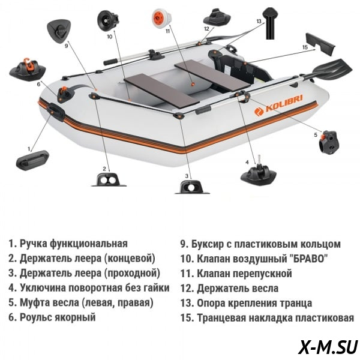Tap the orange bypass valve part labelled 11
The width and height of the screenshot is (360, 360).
(161, 19)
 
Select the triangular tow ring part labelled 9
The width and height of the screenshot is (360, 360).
(59, 30)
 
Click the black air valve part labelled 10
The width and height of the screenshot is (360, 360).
(107, 20)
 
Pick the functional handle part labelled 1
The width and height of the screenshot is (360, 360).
(32, 160)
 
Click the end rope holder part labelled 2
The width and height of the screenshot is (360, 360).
(109, 180)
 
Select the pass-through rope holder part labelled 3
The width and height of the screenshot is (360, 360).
(192, 187)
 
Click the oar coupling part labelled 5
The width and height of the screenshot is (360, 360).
(329, 142)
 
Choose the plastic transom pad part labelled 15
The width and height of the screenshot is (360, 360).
(320, 44)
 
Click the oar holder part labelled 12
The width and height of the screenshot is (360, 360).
(217, 17)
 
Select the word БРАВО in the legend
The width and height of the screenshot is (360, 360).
(307, 259)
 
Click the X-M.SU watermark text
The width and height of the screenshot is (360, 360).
(328, 347)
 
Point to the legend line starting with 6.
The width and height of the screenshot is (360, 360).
(52, 317)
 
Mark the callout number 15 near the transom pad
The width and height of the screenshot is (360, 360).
(305, 47)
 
